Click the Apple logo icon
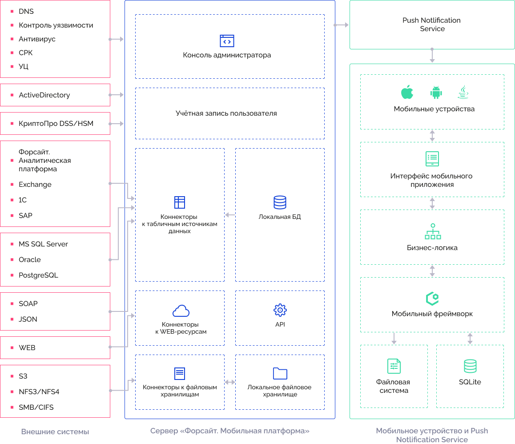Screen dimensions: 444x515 pos(407,92)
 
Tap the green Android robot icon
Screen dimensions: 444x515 pos(435,92)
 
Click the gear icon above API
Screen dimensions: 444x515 pos(280,310)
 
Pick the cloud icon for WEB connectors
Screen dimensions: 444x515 pos(181,310)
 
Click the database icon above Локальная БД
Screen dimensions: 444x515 pos(280,202)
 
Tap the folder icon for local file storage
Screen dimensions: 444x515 pos(280,373)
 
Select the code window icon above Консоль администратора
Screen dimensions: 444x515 pos(227,41)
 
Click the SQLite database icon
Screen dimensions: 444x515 pos(470,366)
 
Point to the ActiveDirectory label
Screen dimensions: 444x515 pos(44,95)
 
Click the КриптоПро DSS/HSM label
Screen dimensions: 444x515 pos(56,124)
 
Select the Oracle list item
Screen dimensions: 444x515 pos(30,260)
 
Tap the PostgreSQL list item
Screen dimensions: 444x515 pos(38,275)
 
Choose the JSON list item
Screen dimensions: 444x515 pos(28,319)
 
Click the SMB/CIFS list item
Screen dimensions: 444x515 pos(36,408)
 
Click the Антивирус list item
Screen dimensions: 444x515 pos(37,39)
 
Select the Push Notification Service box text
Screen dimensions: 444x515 pos(431,24)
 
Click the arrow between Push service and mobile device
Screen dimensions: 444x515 pos(432,56)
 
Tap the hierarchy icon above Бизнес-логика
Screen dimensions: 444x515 pos(432,231)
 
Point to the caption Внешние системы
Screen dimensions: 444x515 pos(55,432)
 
